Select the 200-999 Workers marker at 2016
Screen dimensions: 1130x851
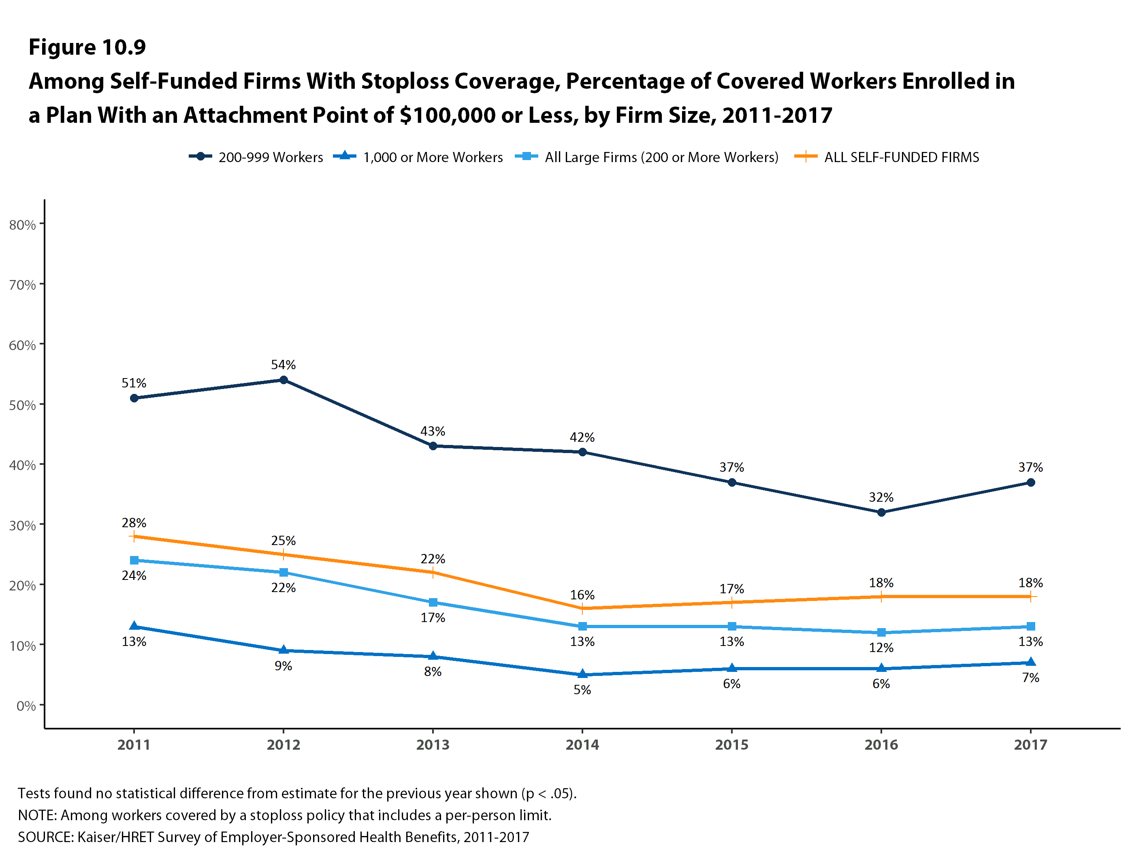pyautogui.click(x=881, y=512)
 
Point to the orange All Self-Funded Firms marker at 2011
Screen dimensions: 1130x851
pyautogui.click(x=134, y=536)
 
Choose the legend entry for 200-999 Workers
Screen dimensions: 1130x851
pyautogui.click(x=256, y=157)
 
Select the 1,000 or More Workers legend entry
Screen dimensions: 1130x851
pyautogui.click(x=418, y=157)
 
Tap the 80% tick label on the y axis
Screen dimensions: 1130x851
pyautogui.click(x=22, y=225)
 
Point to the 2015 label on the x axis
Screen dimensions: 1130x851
pyautogui.click(x=731, y=745)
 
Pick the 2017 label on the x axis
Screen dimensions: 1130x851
pyautogui.click(x=1030, y=745)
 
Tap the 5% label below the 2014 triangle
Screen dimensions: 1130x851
pyautogui.click(x=582, y=690)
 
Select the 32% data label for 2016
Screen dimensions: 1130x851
pyautogui.click(x=881, y=497)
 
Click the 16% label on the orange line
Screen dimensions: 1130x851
pyautogui.click(x=582, y=595)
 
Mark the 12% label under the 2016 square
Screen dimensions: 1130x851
pyautogui.click(x=881, y=648)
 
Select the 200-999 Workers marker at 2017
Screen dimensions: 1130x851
pyautogui.click(x=1030, y=483)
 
